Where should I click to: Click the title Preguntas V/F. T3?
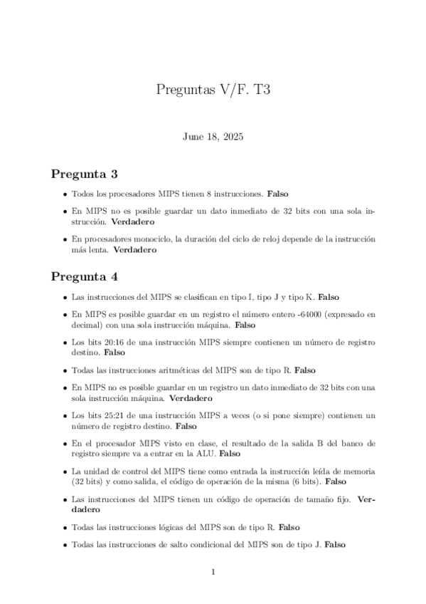coord(213,90)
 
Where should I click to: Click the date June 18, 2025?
coord(213,137)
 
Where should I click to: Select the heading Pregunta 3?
coord(84,174)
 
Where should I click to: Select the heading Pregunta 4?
coord(84,276)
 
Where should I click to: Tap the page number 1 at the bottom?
coord(213,571)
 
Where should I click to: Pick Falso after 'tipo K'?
coord(331,296)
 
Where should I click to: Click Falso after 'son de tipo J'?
coord(334,545)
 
